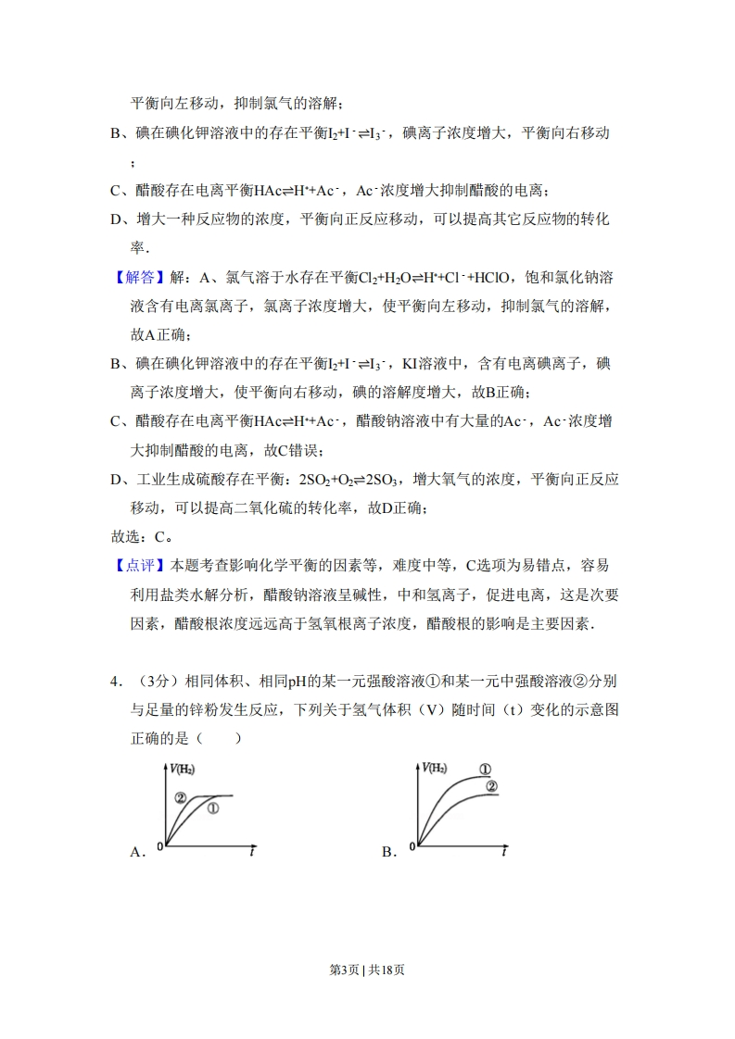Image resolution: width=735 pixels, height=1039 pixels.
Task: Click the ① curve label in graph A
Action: tap(212, 808)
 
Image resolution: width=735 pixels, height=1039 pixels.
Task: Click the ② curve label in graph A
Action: tap(180, 796)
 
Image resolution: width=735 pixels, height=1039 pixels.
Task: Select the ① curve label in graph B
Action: tap(484, 770)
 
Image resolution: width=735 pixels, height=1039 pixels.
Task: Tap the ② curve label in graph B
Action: tap(491, 787)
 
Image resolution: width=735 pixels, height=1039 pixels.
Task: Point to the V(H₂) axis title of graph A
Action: tap(183, 769)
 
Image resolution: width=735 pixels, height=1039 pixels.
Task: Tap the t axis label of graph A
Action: tap(252, 852)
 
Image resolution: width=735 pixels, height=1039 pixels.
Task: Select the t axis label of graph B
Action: tap(504, 852)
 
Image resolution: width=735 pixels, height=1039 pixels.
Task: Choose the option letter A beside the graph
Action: tap(138, 852)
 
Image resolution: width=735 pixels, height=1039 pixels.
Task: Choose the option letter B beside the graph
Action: tap(388, 852)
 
